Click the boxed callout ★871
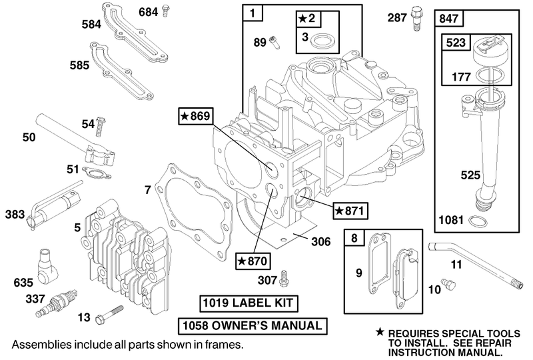pyautogui.click(x=348, y=210)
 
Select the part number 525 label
pyautogui.click(x=451, y=176)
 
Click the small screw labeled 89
pyautogui.click(x=274, y=44)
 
